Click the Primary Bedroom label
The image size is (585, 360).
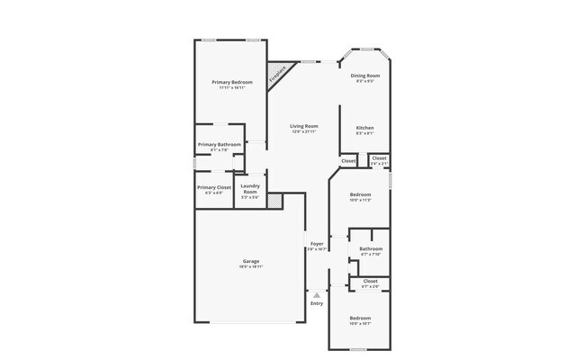coord(231,83)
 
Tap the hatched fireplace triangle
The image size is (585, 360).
coord(276,74)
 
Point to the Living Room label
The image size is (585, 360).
coord(304,126)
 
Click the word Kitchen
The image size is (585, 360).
coord(364,128)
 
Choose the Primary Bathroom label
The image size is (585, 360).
coord(219,144)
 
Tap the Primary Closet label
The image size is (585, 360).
coord(214,187)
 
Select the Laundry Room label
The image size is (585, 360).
coord(250,189)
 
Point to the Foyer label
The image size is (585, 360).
coord(317,244)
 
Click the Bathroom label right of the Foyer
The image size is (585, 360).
coord(371,248)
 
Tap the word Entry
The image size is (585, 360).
coord(317,303)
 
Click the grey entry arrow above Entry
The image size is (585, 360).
coord(317,294)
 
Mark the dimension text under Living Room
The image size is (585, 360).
coord(304,132)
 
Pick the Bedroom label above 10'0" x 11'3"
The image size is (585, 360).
coord(360,194)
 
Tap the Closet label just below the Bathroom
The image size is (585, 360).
coord(370,281)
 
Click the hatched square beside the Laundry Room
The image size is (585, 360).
coord(274,202)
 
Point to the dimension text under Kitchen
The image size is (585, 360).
coord(364,134)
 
